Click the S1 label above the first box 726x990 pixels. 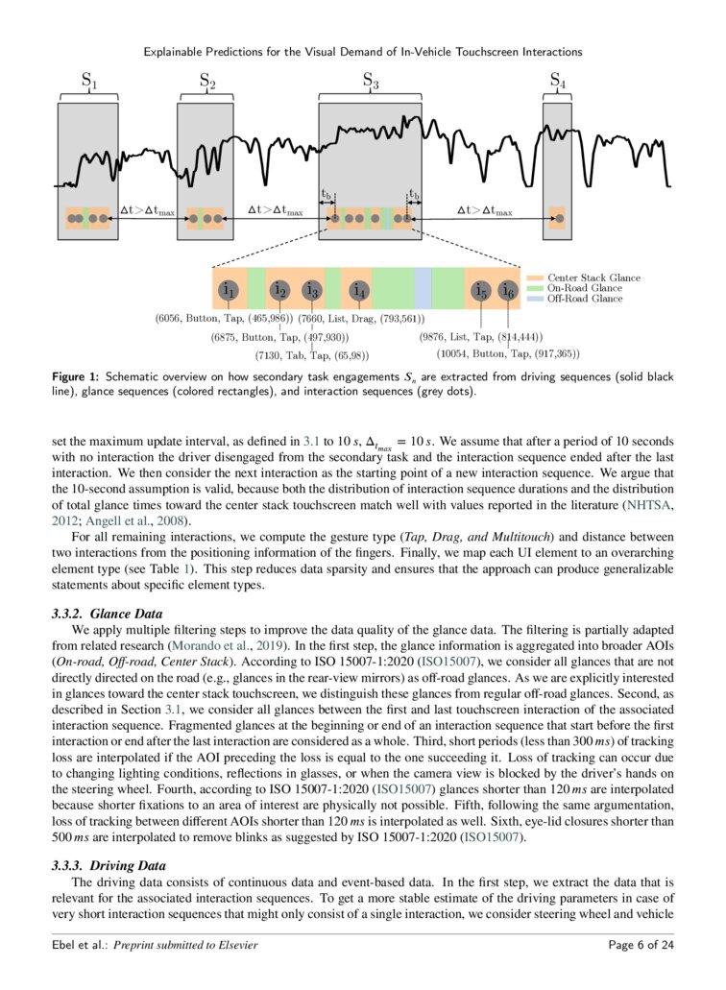[88, 83]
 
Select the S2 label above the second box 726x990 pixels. [206, 83]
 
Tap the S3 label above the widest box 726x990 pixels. [371, 83]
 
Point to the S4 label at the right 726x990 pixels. [557, 83]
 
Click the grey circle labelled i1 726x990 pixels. [229, 288]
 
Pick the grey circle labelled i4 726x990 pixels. [359, 288]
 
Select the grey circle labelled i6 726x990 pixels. [508, 288]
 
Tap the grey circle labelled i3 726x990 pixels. [311, 288]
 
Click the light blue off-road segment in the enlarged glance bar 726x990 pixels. [423, 288]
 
